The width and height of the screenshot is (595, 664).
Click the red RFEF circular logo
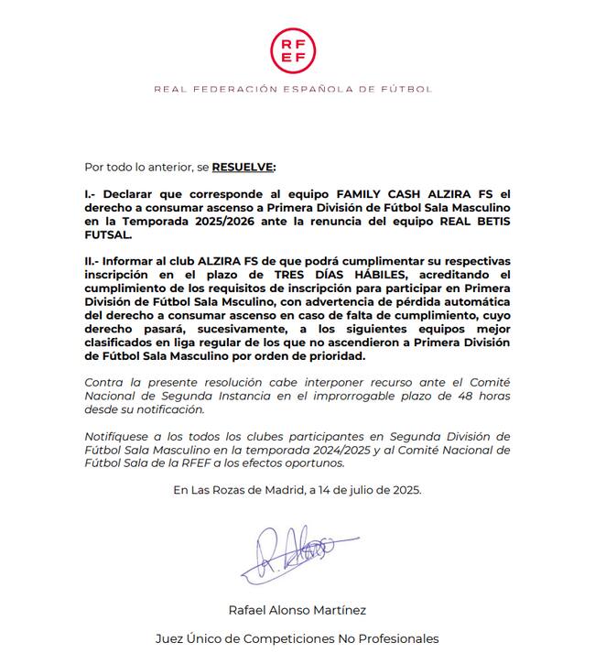click(292, 49)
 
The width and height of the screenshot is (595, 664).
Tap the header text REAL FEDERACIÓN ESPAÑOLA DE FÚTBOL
click(292, 89)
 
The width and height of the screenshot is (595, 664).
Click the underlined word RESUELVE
click(243, 168)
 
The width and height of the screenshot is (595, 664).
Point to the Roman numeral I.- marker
click(91, 195)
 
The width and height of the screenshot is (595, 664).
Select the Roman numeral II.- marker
click(93, 262)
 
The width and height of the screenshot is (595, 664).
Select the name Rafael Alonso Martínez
click(297, 610)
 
